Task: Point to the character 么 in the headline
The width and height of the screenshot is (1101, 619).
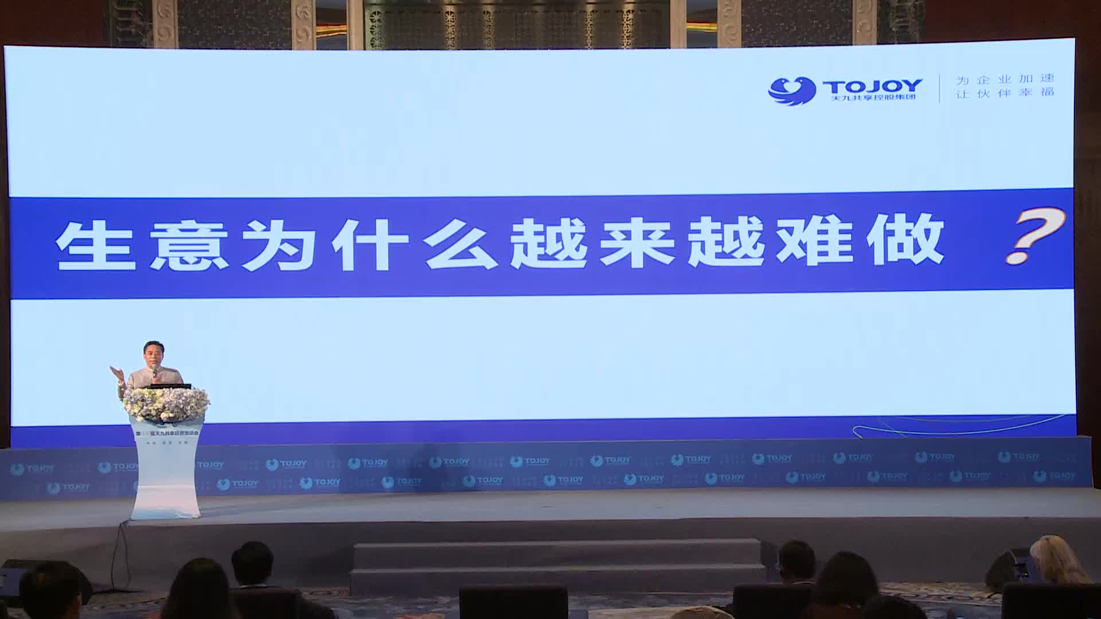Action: [x=460, y=245]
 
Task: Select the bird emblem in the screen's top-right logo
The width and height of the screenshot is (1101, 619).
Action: [x=791, y=91]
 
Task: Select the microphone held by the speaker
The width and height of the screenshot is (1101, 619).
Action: [x=155, y=372]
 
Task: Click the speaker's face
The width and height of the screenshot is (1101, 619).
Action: [x=153, y=356]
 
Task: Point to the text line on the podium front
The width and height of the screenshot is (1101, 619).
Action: [x=166, y=434]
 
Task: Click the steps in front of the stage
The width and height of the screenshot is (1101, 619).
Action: [x=556, y=565]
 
